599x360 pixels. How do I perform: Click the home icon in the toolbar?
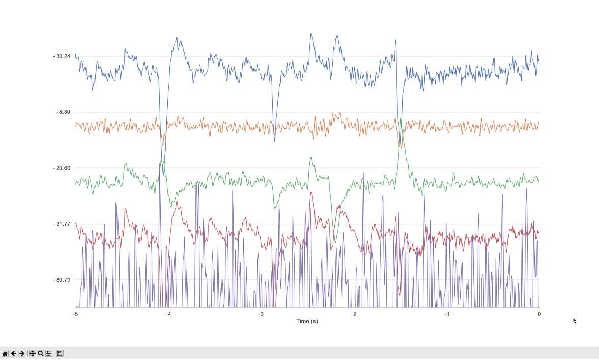point(5,353)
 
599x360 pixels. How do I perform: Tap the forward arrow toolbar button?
point(22,353)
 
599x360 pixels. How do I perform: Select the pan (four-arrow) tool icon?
point(33,353)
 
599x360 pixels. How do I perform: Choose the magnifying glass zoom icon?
point(41,353)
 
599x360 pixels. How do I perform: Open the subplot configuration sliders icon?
point(49,353)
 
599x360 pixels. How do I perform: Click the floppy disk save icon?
point(59,353)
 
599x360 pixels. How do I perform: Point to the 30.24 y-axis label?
point(61,56)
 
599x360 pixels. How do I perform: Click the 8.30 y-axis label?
point(63,112)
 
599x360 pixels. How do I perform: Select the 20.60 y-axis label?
point(61,168)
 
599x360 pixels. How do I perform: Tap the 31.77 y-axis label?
point(61,224)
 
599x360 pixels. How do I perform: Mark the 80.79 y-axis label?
point(61,280)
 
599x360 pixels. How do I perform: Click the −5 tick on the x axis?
point(75,314)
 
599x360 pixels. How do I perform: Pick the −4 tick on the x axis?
point(168,314)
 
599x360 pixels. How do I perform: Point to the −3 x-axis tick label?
point(260,314)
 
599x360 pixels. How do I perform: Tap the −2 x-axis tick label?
point(353,314)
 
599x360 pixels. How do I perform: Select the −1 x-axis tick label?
point(446,314)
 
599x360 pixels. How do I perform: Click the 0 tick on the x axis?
point(539,314)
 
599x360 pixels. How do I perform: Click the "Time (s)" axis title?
point(307,322)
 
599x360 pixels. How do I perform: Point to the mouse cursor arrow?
point(574,320)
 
